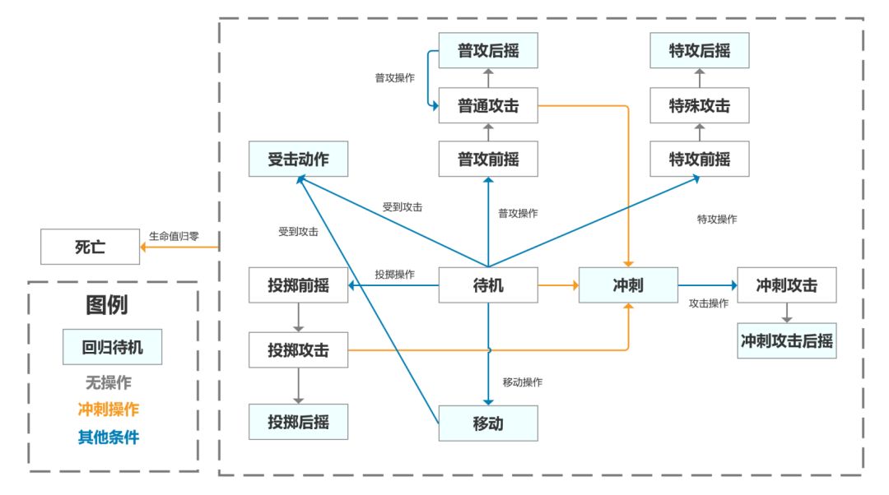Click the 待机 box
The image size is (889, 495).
488,285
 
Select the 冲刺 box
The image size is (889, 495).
628,285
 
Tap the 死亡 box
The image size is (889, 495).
91,247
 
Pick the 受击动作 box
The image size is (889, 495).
298,159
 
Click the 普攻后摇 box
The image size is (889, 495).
488,51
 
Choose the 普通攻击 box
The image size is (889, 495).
488,105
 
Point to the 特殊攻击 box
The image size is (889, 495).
700,105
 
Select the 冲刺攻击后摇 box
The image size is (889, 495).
787,340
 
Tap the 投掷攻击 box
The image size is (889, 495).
298,350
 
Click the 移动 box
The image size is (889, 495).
488,423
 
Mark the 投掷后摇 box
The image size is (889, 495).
298,422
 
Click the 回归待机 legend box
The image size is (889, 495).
112,347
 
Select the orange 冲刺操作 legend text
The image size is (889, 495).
109,409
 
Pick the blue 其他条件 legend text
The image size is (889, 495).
109,437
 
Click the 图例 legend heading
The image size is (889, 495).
107,306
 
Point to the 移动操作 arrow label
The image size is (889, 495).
522,382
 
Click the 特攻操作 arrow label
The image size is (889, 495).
717,220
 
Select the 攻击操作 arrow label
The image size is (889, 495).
708,303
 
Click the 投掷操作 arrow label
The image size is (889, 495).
394,274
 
